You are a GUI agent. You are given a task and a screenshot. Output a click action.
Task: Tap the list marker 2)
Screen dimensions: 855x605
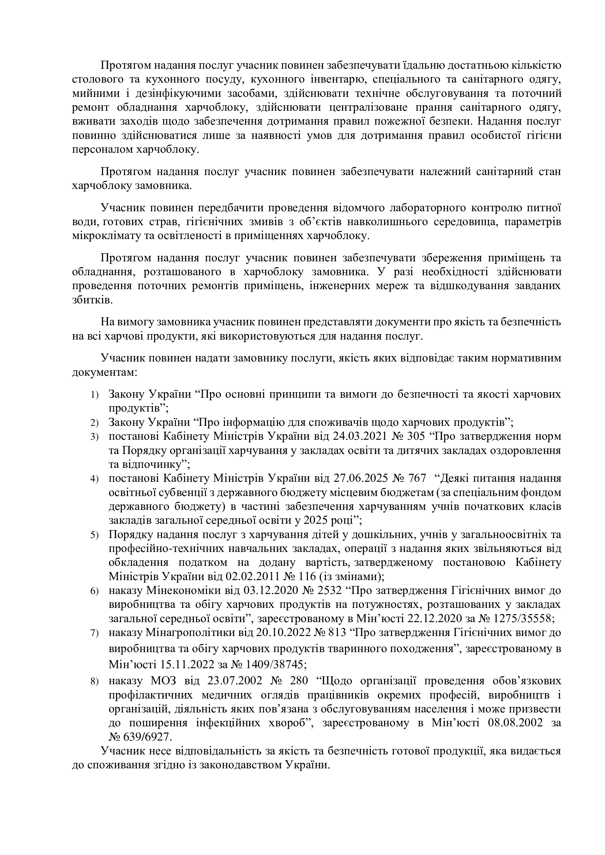[94, 423]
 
